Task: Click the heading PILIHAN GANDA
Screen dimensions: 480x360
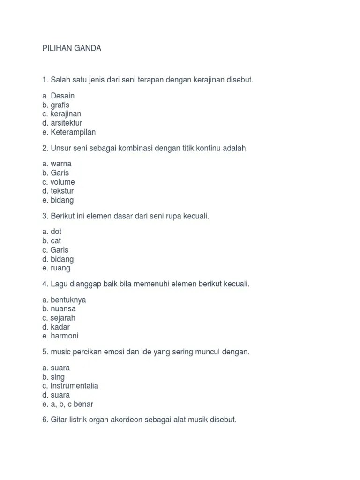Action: [x=72, y=48]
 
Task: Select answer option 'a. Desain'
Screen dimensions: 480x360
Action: [x=58, y=96]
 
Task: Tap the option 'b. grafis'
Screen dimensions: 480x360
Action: [x=56, y=105]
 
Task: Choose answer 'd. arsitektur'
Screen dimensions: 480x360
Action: [x=62, y=123]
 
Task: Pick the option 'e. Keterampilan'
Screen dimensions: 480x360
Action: [x=69, y=132]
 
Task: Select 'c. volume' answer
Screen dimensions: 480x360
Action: [x=59, y=182]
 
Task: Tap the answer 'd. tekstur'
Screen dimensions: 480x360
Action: [x=58, y=191]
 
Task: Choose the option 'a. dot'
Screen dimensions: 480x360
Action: [x=52, y=232]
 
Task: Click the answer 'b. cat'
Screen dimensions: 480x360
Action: [x=52, y=241]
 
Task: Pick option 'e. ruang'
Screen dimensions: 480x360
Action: [x=56, y=268]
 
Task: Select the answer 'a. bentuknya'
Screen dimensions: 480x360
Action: [x=64, y=300]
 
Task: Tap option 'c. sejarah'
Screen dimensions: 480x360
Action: [x=59, y=318]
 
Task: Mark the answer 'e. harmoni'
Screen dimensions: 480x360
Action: [x=60, y=336]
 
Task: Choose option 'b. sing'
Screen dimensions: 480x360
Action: [x=53, y=377]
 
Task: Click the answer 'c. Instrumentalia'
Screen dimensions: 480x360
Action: [x=70, y=386]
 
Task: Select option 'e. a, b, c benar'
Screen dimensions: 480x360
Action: [x=67, y=404]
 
